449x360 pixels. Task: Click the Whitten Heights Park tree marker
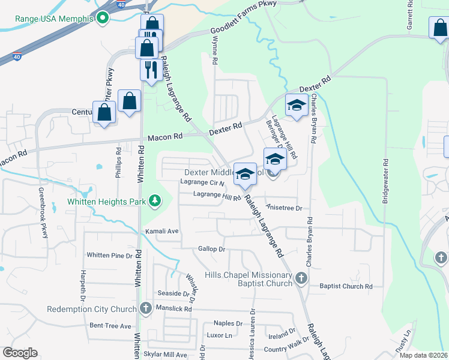[x=155, y=201]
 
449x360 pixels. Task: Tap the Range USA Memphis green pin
[x=103, y=18]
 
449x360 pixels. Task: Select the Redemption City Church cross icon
[x=145, y=309]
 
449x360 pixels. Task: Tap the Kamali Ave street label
[x=161, y=231]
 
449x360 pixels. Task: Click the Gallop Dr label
[x=211, y=249]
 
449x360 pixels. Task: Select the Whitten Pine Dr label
[x=109, y=256]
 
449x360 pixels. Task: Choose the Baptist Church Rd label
[x=346, y=287]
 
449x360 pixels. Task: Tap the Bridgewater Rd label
[x=385, y=181]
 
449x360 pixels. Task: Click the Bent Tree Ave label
[x=110, y=326]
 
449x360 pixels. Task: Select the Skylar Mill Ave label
[x=165, y=355]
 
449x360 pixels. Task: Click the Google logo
[x=20, y=353]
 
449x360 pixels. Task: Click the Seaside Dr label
[x=169, y=293]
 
